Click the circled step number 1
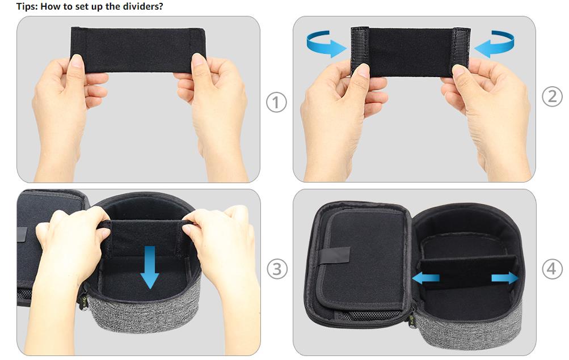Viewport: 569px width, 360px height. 276,102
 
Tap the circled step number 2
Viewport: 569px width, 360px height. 552,96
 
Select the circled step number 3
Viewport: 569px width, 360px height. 277,269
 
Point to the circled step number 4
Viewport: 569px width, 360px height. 552,269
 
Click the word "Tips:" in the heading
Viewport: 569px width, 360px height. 27,7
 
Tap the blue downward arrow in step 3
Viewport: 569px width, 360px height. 150,268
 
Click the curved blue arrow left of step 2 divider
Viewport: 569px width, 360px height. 326,44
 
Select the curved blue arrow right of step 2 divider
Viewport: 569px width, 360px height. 494,44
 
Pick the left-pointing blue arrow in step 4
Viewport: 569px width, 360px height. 425,278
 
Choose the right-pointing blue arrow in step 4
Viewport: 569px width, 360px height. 505,278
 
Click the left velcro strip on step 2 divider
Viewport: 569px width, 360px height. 360,51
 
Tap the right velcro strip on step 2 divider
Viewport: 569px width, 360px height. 461,52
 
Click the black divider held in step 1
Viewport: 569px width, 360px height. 138,50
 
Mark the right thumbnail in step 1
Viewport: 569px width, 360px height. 198,60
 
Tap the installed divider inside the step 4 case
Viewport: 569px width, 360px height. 468,272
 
